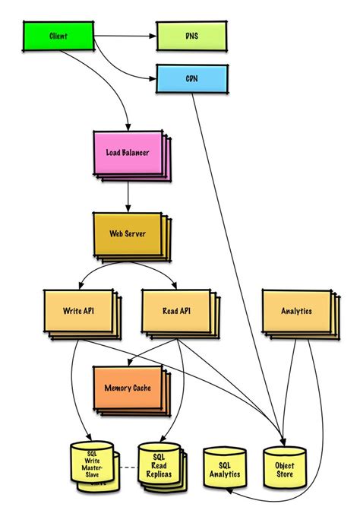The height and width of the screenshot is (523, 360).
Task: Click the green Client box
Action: point(58,36)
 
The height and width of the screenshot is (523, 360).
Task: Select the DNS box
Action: point(190,36)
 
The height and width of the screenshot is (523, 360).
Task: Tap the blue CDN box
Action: point(190,79)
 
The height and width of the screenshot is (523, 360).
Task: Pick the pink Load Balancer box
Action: point(127,153)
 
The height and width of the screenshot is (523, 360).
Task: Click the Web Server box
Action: point(126,234)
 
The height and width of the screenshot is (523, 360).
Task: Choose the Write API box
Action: point(79,311)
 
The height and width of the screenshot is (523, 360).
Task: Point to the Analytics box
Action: point(296,311)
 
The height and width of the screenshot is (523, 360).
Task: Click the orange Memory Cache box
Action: point(127,387)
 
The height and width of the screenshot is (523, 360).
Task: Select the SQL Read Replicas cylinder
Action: point(159,466)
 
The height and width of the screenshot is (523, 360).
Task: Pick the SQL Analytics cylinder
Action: point(225,469)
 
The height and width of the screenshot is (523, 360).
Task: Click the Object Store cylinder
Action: point(284,468)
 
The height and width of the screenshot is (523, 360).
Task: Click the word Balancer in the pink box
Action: point(139,153)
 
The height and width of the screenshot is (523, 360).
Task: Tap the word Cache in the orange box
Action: point(142,387)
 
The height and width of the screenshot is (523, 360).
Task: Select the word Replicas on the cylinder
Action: point(159,474)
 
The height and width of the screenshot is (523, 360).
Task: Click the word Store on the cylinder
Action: point(285,474)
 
